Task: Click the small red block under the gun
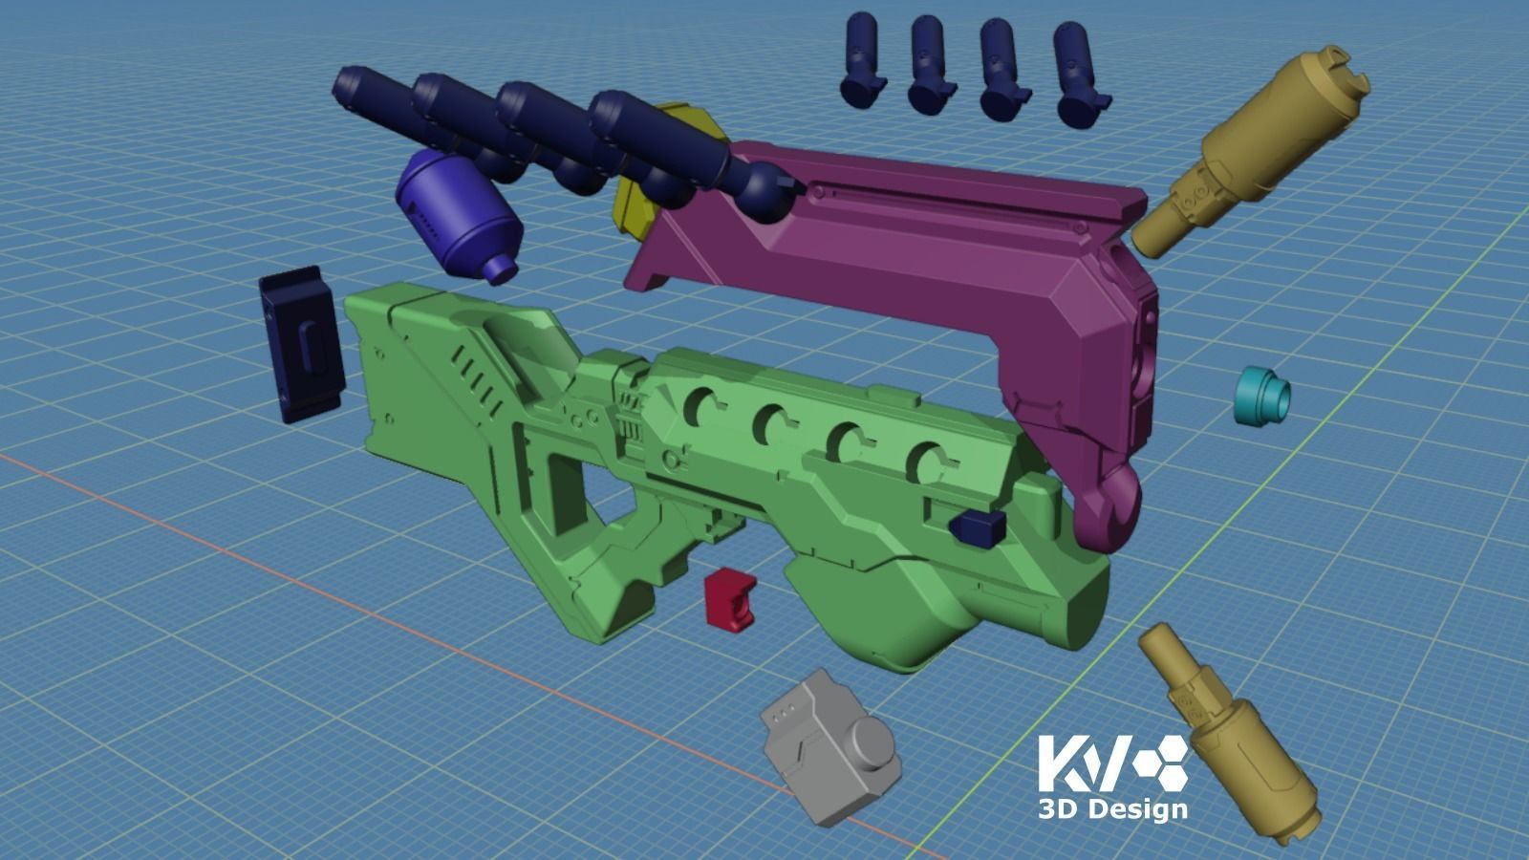tap(729, 599)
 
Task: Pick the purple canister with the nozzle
tap(457, 213)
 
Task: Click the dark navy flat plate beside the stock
tap(300, 345)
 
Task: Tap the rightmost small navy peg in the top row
tap(1080, 75)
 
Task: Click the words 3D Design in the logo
tap(1112, 809)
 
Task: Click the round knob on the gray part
tap(872, 746)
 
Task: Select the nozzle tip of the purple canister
tap(499, 269)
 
